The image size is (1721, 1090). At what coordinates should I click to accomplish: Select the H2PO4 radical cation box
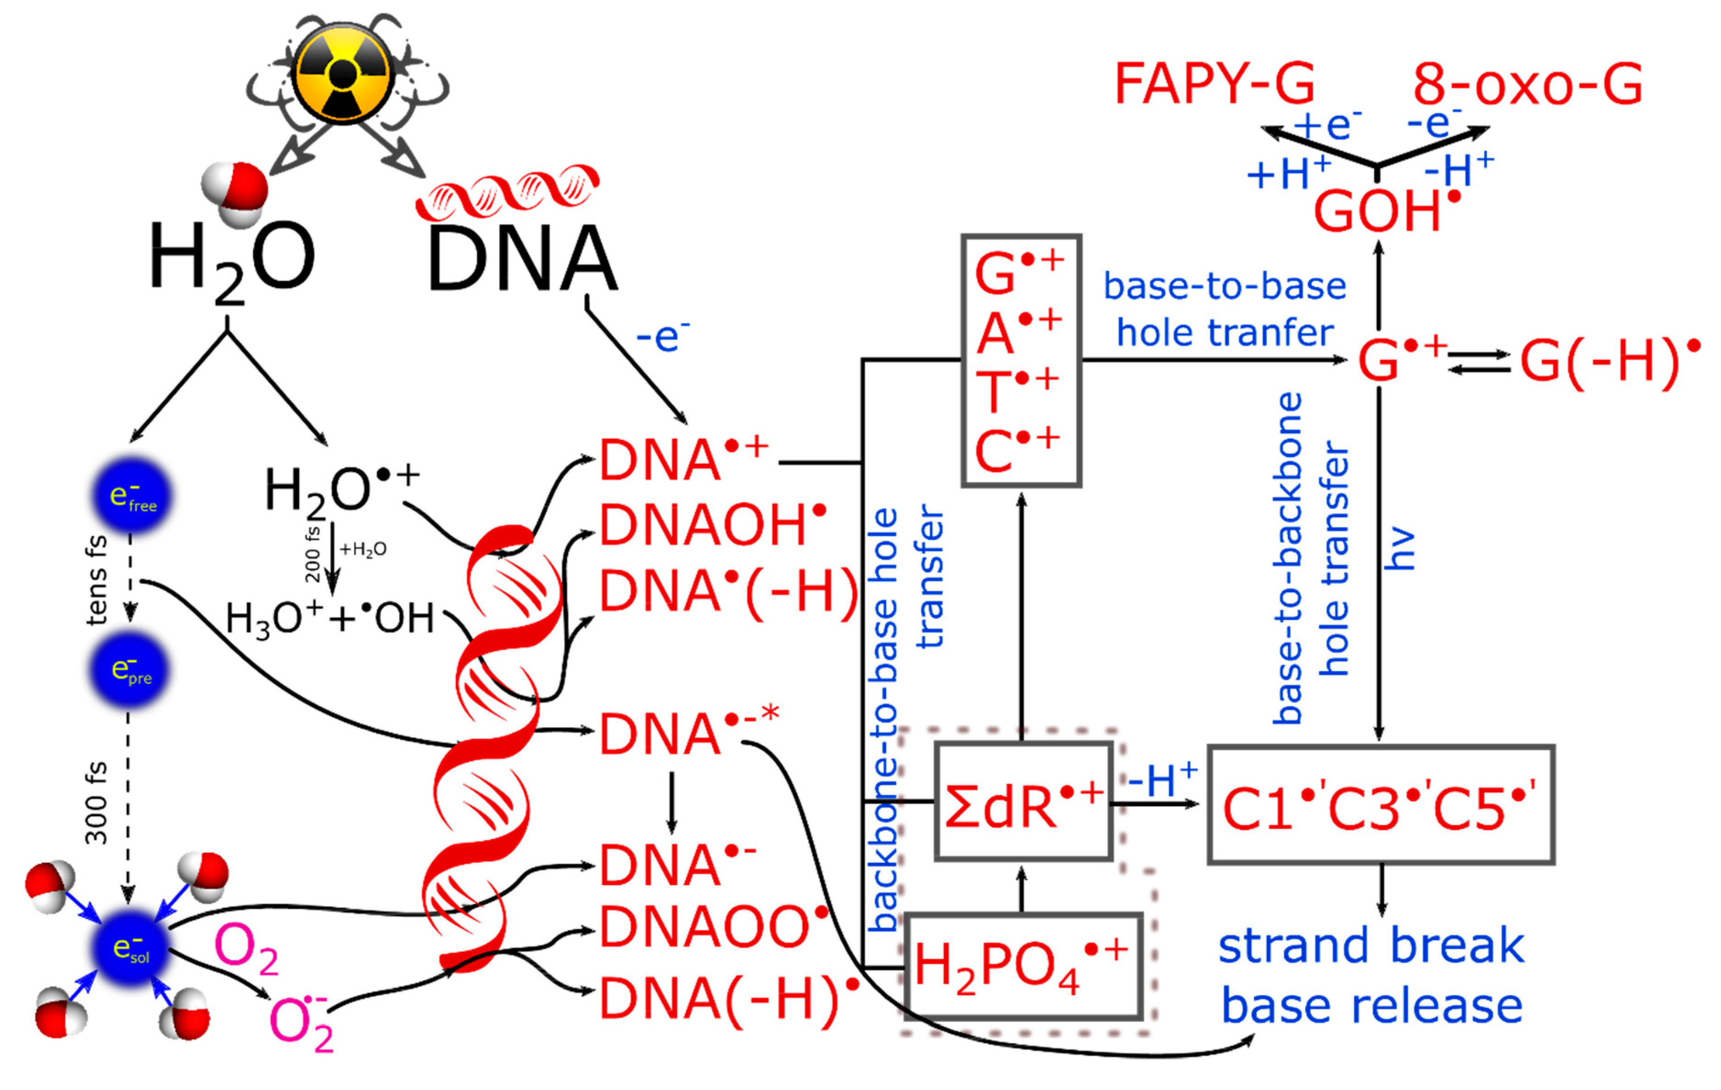click(1022, 966)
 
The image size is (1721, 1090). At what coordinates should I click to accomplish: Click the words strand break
click(1371, 945)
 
